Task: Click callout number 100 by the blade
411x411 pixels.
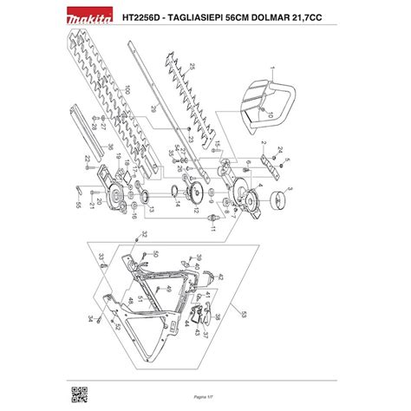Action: coord(127,89)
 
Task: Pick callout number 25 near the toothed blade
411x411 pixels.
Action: coord(193,66)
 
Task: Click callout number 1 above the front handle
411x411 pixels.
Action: coord(271,68)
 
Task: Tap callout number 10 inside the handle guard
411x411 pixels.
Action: coord(271,114)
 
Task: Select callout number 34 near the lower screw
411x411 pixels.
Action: coord(89,319)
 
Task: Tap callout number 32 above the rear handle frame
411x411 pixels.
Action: coord(145,234)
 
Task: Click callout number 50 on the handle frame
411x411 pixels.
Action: coord(156,253)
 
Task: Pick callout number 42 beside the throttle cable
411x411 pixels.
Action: coord(220,277)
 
